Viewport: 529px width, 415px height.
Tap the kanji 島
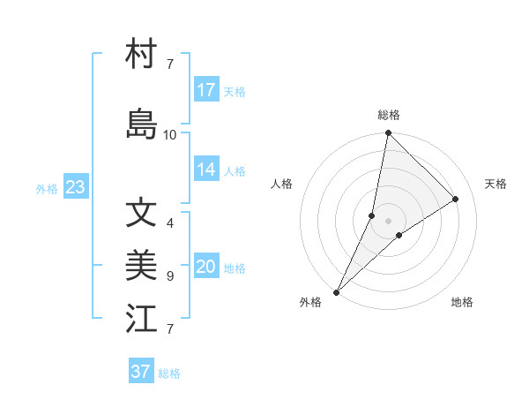click(x=141, y=124)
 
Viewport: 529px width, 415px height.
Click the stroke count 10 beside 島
click(x=170, y=135)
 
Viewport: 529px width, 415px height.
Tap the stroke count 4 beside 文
click(x=170, y=223)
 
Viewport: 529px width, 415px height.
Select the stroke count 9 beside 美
click(x=170, y=276)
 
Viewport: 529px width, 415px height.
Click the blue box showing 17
click(x=206, y=90)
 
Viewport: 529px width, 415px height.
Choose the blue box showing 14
click(x=206, y=170)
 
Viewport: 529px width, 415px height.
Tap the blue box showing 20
click(x=206, y=268)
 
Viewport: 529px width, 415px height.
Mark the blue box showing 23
click(x=75, y=187)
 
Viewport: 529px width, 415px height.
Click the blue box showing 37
click(x=141, y=372)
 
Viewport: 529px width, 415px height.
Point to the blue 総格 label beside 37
click(x=169, y=373)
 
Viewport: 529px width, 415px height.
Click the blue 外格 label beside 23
click(x=47, y=188)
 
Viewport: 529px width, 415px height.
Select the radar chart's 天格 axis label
click(x=496, y=184)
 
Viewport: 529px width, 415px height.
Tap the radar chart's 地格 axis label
click(x=462, y=302)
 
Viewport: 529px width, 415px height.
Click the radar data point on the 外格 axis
click(x=337, y=291)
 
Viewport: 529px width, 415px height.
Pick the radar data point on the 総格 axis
click(x=388, y=133)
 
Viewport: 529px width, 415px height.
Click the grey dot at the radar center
click(x=388, y=221)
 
